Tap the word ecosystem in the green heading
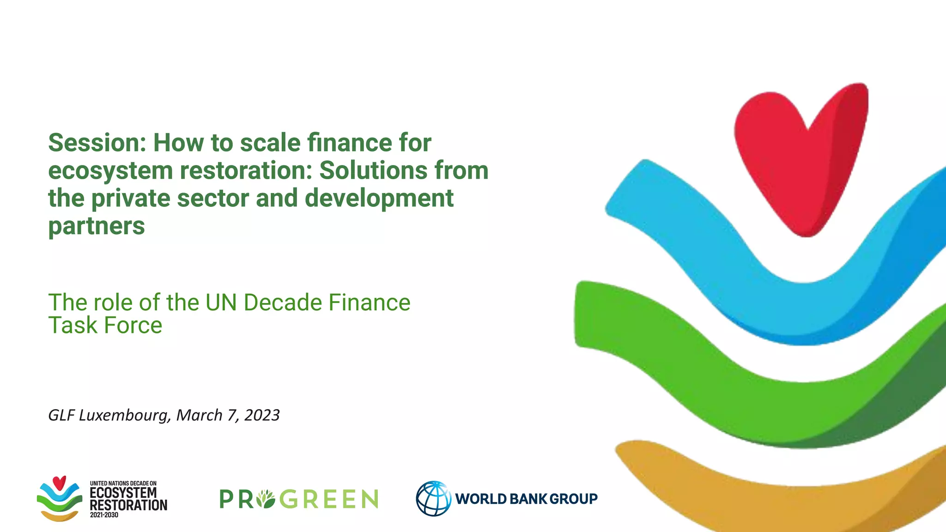click(110, 171)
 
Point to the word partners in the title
click(97, 226)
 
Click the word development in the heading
click(379, 199)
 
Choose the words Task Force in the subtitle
click(105, 326)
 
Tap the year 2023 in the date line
click(262, 415)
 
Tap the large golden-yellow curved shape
click(785, 499)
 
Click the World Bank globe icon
click(433, 498)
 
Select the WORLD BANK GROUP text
click(526, 499)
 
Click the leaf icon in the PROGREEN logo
click(266, 499)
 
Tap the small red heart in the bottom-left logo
click(59, 483)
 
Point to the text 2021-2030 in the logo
click(104, 515)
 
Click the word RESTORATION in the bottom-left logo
click(128, 505)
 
